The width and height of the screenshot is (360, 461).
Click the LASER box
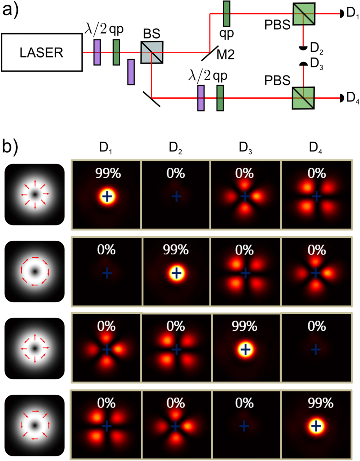tap(41, 53)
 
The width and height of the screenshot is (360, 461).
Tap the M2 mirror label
tap(226, 55)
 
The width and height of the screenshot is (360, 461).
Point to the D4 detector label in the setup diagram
tap(352, 98)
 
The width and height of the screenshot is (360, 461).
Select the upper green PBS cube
tap(303, 14)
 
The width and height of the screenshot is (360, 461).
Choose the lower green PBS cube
tap(303, 98)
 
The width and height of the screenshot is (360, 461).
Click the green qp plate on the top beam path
tap(226, 14)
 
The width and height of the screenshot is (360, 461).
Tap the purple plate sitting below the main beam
tap(131, 72)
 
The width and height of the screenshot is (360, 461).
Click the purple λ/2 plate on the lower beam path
tap(201, 98)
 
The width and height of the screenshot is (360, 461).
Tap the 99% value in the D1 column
tap(108, 173)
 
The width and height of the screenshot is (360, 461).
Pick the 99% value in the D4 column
tap(320, 403)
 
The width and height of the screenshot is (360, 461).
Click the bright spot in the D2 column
tap(176, 273)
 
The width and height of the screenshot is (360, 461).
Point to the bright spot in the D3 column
tap(245, 349)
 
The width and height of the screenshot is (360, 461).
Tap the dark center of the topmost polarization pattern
tap(35, 195)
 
